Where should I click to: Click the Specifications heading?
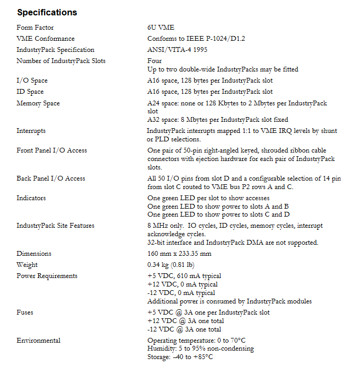[47, 12]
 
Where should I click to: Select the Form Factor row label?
[35, 28]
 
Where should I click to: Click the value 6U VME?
[161, 28]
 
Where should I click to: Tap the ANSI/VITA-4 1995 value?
[177, 50]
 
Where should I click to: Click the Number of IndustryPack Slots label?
[61, 61]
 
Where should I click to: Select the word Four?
[154, 61]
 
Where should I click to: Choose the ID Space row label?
[30, 92]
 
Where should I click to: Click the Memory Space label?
[38, 103]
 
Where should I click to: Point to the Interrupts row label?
[31, 131]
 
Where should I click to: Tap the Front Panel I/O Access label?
[51, 150]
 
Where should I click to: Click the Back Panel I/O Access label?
[51, 178]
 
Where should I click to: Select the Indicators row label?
[31, 198]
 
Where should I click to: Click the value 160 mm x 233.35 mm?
[179, 254]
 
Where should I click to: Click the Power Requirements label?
[47, 276]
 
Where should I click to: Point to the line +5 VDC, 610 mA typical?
[184, 276]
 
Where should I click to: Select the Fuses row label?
[25, 312]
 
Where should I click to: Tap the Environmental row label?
[38, 341]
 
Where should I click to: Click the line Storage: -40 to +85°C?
[180, 357]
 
